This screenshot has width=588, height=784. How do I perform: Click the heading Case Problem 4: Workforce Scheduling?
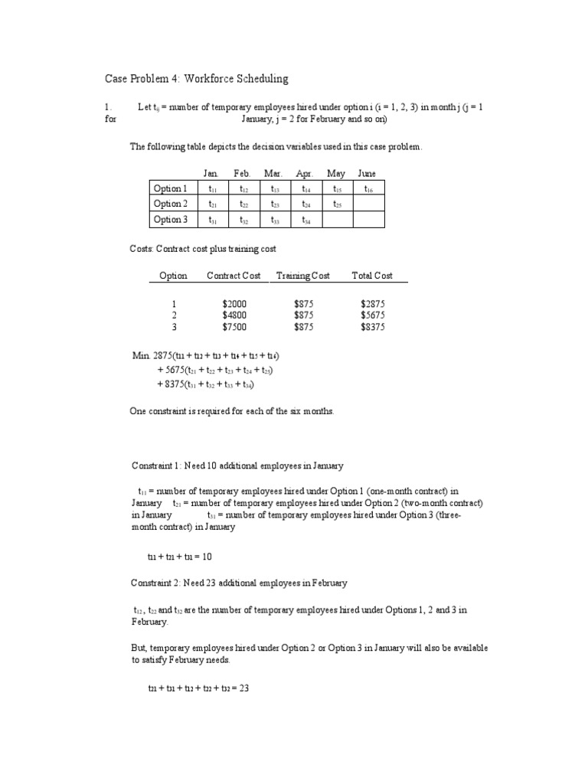[x=196, y=79]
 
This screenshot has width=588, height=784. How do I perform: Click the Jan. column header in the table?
[x=211, y=174]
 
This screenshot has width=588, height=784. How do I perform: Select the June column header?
[x=367, y=174]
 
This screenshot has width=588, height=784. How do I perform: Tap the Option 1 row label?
[x=170, y=188]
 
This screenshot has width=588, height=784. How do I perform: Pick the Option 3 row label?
[x=170, y=220]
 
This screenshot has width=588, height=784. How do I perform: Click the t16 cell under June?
[x=368, y=188]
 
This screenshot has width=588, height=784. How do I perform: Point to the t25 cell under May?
[x=337, y=204]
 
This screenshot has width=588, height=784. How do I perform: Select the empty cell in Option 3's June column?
[x=368, y=220]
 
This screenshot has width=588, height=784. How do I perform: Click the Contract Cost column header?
[x=234, y=276]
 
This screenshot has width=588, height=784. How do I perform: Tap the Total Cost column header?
[x=372, y=276]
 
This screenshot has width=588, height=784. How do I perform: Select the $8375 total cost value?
[x=373, y=327]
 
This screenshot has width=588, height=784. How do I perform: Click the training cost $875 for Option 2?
[x=304, y=315]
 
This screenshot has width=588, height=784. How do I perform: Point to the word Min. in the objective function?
[x=142, y=356]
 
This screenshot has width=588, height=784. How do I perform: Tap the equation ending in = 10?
[x=179, y=557]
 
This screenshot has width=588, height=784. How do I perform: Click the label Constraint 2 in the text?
[x=158, y=583]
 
